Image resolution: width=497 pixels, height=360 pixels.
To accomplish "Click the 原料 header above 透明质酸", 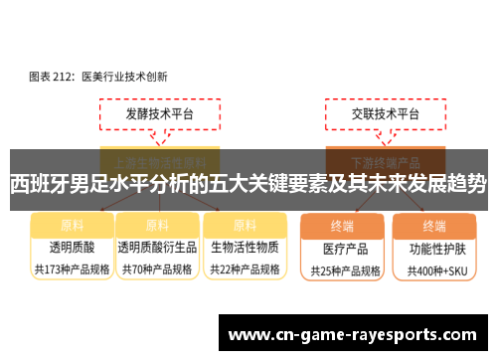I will coord(72,225).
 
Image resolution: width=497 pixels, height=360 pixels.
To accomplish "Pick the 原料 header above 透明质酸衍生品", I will coord(156,225).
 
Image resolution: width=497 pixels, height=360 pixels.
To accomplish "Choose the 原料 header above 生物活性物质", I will coord(243,225).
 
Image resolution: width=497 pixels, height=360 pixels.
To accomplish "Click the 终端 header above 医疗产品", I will coord(343,225).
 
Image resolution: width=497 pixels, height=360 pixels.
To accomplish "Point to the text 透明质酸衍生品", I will coord(156,246).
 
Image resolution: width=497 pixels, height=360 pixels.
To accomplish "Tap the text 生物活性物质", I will coord(244,246).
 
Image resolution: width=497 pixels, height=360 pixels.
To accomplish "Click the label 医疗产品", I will coord(343,248).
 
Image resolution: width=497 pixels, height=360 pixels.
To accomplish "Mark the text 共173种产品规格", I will coord(72,268).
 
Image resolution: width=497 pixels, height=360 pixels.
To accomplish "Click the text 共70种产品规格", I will coord(156,268).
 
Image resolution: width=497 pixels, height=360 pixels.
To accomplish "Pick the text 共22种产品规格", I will coord(244,268).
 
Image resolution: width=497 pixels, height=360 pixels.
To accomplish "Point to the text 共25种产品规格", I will coord(343,270).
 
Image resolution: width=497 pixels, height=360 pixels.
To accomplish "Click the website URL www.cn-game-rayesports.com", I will coord(357,335).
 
